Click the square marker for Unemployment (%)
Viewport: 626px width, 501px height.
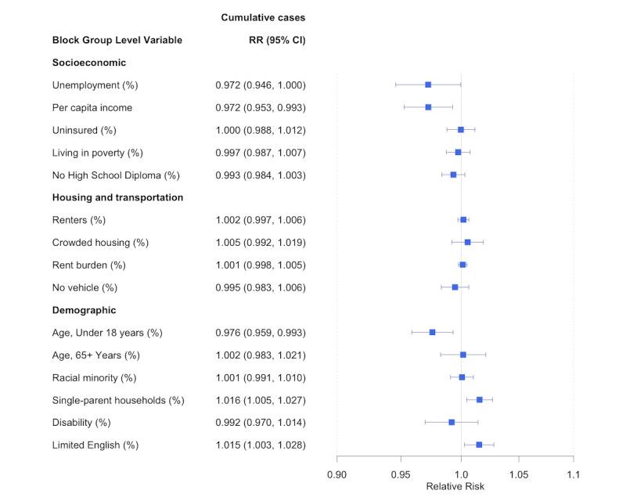point(428,85)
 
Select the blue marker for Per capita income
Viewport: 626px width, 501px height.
point(428,107)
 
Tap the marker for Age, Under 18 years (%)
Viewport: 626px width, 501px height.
point(432,332)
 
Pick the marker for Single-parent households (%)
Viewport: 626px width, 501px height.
point(480,399)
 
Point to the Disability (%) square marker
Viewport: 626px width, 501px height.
point(452,422)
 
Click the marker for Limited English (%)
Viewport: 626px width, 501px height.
point(479,445)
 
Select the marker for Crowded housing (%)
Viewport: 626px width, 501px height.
point(467,242)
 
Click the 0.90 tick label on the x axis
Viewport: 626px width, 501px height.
point(337,474)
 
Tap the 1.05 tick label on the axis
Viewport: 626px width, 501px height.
point(518,474)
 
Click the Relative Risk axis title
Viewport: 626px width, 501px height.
point(455,486)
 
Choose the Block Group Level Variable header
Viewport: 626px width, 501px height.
point(117,40)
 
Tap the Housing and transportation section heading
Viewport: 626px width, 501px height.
point(117,197)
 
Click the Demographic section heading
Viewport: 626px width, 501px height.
point(85,310)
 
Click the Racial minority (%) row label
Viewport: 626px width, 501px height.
point(94,377)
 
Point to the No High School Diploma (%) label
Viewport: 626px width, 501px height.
point(116,175)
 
